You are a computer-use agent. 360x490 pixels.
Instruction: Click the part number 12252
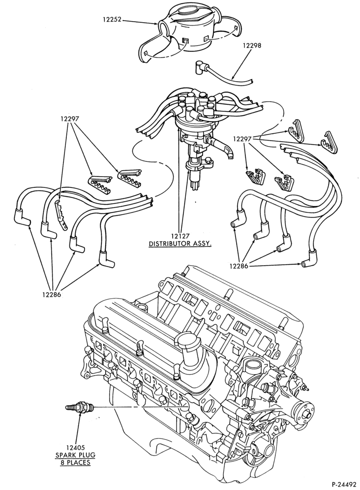pyautogui.click(x=112, y=19)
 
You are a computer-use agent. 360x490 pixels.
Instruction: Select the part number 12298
pyautogui.click(x=252, y=46)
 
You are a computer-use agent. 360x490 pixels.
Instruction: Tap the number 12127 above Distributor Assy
pyautogui.click(x=180, y=236)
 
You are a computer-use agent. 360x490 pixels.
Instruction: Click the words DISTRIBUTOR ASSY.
pyautogui.click(x=180, y=244)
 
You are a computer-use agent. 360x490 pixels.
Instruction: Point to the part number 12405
pyautogui.click(x=75, y=448)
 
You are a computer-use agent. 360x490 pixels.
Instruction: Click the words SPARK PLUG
pyautogui.click(x=75, y=455)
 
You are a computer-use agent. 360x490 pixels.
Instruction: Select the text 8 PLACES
pyautogui.click(x=75, y=462)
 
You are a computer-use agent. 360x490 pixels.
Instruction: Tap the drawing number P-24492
pyautogui.click(x=343, y=485)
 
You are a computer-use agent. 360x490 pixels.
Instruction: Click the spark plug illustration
pyautogui.click(x=79, y=407)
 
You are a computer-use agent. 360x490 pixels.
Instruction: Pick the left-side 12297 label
pyautogui.click(x=70, y=119)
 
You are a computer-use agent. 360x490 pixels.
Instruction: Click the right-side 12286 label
pyautogui.click(x=239, y=266)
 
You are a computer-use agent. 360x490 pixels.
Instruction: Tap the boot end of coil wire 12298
pyautogui.click(x=199, y=67)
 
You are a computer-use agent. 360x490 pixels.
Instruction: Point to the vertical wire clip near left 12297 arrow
pyautogui.click(x=62, y=215)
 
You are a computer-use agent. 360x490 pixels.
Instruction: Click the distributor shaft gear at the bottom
pyautogui.click(x=194, y=181)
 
